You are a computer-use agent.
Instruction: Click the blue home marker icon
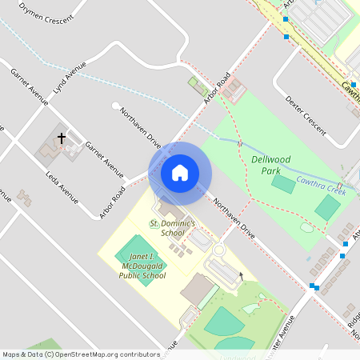[x=179, y=172]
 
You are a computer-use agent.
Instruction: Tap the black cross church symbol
[x=62, y=138]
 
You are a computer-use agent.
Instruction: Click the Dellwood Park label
[x=270, y=164]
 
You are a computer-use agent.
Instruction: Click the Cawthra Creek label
[x=321, y=186]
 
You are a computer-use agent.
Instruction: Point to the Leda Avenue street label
[x=62, y=186]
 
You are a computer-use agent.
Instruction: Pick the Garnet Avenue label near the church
[x=104, y=160]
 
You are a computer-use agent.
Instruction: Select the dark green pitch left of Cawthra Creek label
[x=282, y=183]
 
